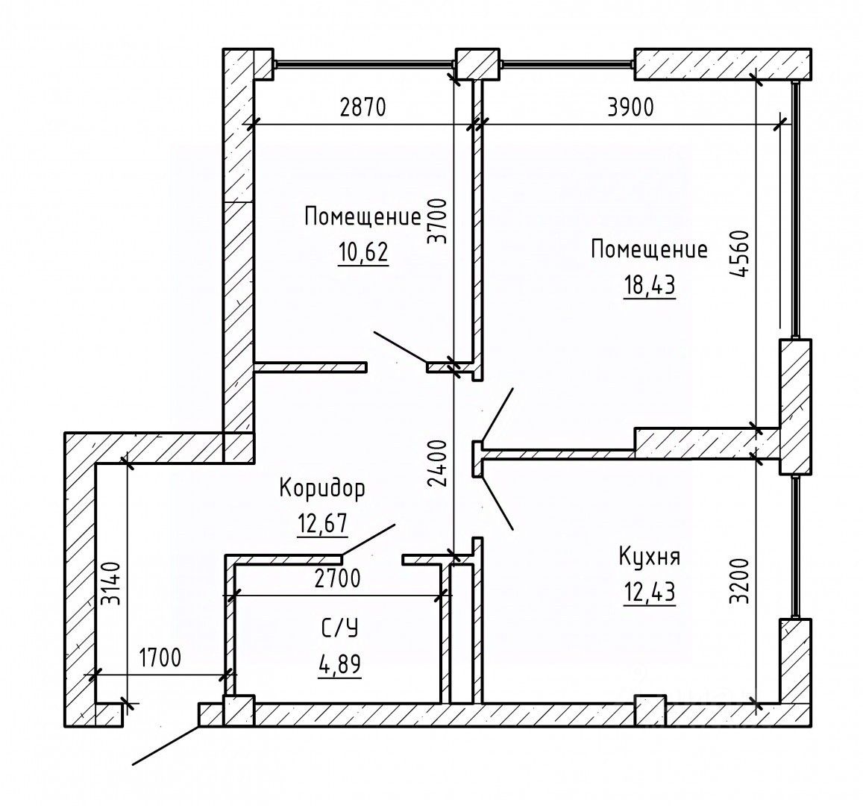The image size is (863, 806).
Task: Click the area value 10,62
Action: coord(363,253)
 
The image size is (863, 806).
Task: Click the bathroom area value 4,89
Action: coord(340,663)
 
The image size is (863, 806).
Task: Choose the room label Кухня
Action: coord(649,557)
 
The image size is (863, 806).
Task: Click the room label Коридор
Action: coord(322,490)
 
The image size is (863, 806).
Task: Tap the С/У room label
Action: coord(340,630)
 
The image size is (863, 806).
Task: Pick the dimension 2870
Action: coord(363,108)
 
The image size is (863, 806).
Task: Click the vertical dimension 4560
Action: coord(739,256)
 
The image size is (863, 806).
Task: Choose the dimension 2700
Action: coord(337,579)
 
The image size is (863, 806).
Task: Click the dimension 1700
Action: coord(160,659)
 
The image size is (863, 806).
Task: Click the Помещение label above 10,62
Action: coord(363,218)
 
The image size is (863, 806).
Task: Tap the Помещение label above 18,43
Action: coord(649,249)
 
